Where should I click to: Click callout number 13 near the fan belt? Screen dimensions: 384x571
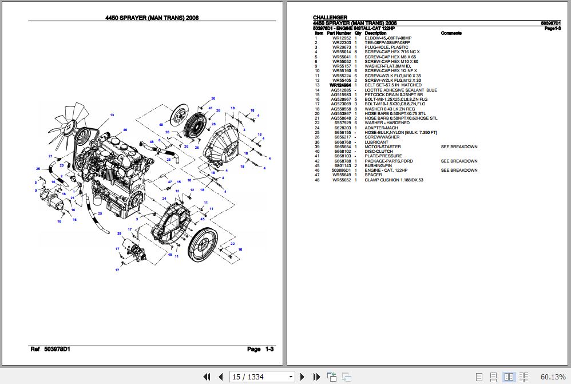112,115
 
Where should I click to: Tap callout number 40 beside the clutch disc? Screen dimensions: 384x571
161,124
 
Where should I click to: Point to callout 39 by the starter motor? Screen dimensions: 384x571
119,233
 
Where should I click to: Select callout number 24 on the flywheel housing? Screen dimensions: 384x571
164,199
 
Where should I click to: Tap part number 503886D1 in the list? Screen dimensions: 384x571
341,170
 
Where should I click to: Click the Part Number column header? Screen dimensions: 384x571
339,33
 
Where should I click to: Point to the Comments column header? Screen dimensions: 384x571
451,33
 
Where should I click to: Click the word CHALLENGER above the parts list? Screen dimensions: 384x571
330,18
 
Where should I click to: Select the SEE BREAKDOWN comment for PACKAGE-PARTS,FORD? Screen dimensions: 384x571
459,161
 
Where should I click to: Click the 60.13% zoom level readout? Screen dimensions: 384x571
552,377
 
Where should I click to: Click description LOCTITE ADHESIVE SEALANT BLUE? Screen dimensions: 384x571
401,90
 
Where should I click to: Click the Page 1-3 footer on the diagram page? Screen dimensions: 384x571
260,349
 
